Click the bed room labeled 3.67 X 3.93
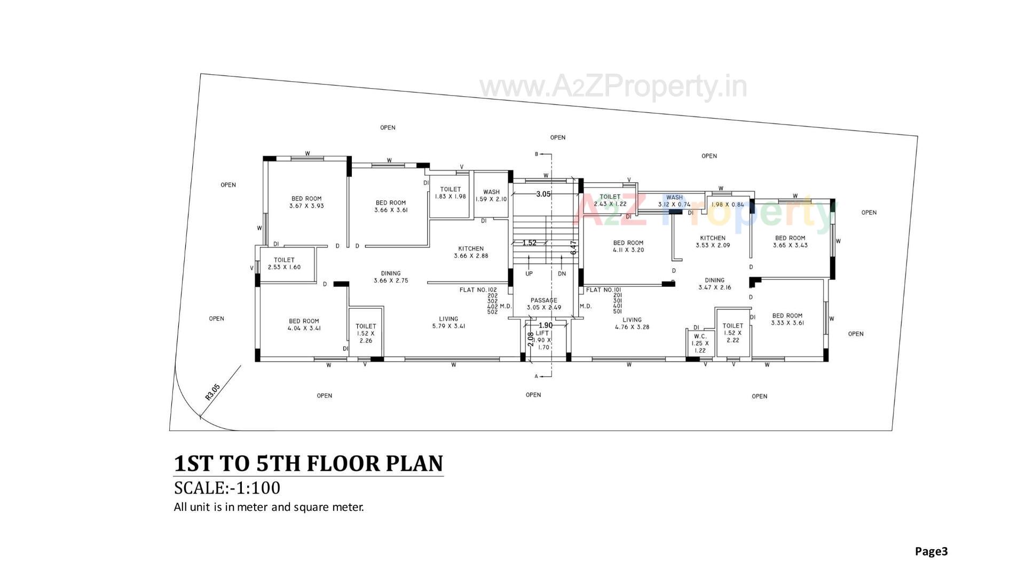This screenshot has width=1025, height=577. coord(306,202)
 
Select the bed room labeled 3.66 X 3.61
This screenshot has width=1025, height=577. coord(391,206)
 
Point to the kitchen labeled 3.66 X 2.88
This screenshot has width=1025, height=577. coord(471,252)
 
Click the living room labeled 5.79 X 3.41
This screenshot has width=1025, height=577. coord(448,322)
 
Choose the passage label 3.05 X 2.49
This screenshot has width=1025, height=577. coord(543,304)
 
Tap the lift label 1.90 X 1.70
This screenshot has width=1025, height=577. coord(542,340)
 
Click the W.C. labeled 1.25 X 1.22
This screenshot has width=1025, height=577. coord(700,344)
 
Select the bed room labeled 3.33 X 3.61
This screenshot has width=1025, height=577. coord(787,319)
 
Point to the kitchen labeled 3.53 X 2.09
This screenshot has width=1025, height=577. coord(713,241)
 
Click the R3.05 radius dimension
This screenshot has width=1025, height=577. coord(212,392)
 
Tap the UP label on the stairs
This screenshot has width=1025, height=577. coord(529,274)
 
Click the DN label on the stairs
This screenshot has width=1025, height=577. coord(562,274)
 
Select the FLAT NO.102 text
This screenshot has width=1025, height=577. coord(478,290)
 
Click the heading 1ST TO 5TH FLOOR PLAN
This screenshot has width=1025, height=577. coord(309,463)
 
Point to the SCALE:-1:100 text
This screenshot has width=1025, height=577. coord(227,488)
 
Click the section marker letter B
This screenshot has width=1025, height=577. coord(537,154)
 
